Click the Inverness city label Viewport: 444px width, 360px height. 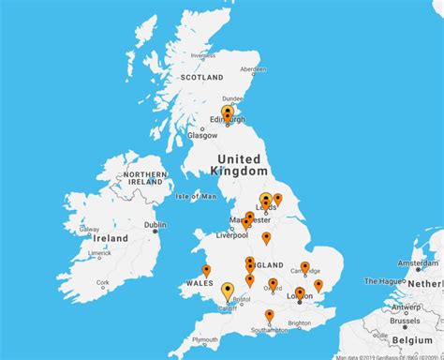click(x=203, y=55)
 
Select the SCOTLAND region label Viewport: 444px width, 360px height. click(x=201, y=77)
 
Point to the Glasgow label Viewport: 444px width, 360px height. click(x=202, y=135)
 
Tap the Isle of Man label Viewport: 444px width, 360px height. click(x=196, y=196)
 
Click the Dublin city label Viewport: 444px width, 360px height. click(x=155, y=225)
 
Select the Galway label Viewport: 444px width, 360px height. click(x=89, y=230)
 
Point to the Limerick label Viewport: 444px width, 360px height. click(x=98, y=253)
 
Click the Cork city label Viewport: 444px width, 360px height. click(x=103, y=282)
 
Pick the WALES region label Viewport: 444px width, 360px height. click(x=200, y=282)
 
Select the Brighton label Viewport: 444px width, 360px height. click(x=299, y=322)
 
